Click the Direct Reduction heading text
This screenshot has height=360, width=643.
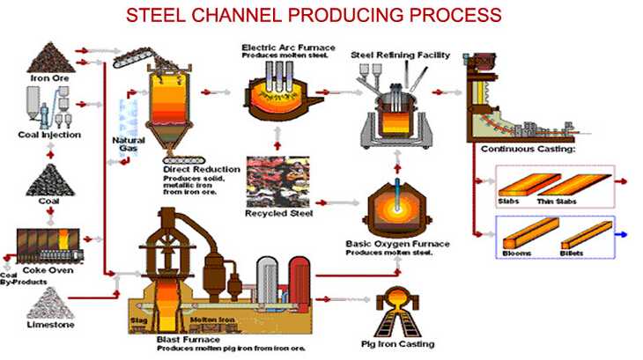click(201, 168)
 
